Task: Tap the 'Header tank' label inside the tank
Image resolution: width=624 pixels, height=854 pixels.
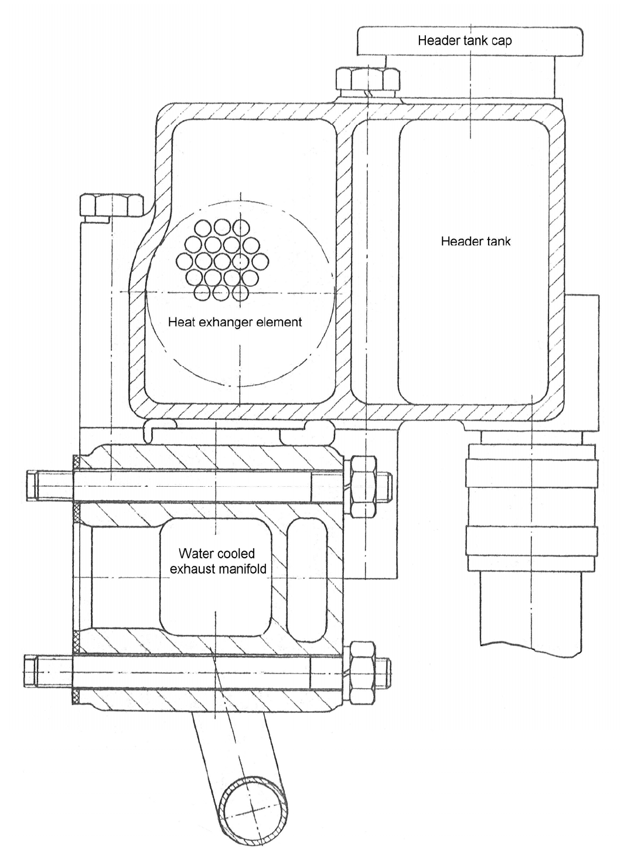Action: coord(475,241)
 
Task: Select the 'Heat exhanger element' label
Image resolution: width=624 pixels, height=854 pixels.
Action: coord(234,322)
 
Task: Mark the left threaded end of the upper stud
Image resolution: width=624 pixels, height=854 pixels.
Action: coord(49,486)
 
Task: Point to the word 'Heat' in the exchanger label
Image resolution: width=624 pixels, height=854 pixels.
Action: coord(179,322)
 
